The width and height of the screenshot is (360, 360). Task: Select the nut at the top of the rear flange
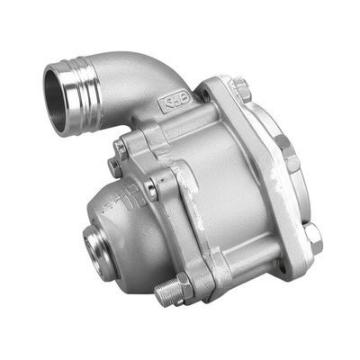coord(239,89)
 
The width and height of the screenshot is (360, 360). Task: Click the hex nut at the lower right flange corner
coord(311,238)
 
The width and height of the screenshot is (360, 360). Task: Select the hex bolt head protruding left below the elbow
coord(116,166)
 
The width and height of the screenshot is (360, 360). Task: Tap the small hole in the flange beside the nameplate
coord(207,94)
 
